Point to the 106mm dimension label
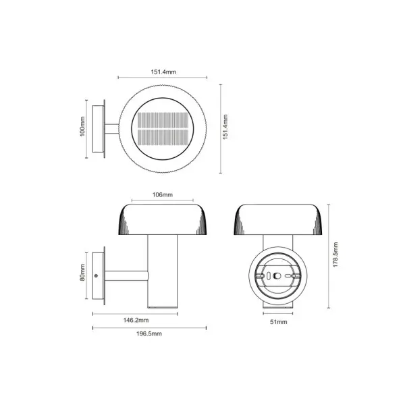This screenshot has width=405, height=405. [x=163, y=195]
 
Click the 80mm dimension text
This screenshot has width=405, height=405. [x=82, y=275]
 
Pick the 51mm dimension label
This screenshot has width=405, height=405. [x=277, y=323]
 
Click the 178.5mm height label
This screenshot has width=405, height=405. [x=335, y=255]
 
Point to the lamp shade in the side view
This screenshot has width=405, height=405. [x=163, y=219]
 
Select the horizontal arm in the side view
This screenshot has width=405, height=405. [x=127, y=275]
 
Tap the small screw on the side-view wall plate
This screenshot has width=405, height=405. [x=99, y=275]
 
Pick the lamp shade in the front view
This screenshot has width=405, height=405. [x=277, y=219]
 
